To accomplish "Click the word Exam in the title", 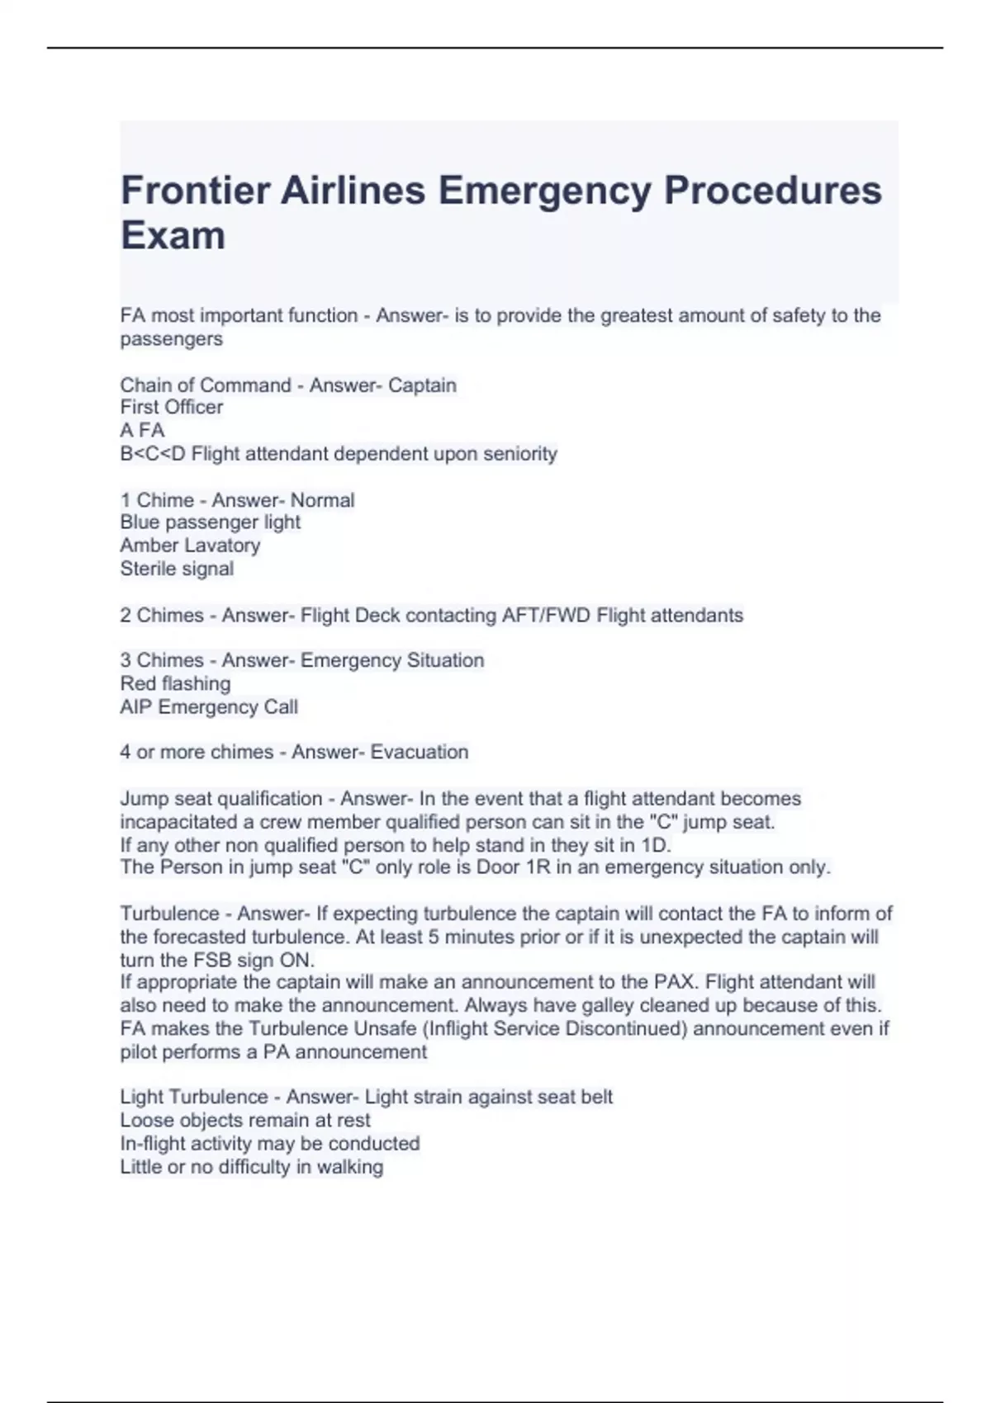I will click(173, 236).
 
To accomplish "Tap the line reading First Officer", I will click(172, 408).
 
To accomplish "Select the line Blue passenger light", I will click(210, 522).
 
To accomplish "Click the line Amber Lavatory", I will click(190, 546).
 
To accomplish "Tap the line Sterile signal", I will click(177, 569).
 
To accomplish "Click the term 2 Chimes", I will click(162, 616).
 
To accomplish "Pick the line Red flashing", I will click(175, 684).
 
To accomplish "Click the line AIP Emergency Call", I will click(209, 707).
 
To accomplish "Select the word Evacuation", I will click(420, 753).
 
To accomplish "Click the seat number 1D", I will click(656, 846).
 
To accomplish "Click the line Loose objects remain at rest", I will click(245, 1121).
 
